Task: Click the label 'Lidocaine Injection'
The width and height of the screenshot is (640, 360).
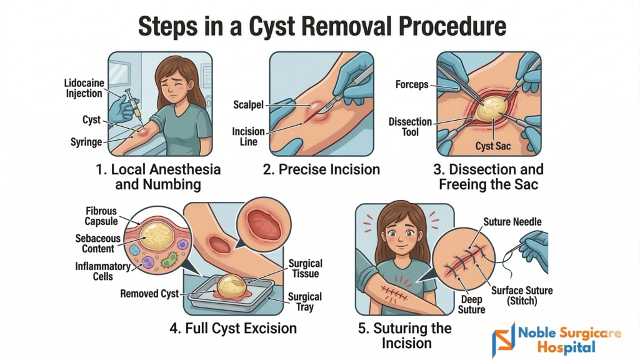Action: point(84,88)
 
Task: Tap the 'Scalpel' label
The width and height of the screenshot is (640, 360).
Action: point(248,105)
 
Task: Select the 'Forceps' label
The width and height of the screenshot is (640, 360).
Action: point(412,84)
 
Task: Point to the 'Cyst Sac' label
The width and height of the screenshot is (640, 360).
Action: point(493,146)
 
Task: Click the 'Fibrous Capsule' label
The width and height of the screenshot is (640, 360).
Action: point(101,216)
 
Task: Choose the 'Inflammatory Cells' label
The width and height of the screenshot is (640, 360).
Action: point(102,271)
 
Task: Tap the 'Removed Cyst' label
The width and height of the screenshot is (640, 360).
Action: point(149,294)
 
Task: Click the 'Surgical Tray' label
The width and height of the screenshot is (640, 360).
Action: point(305,302)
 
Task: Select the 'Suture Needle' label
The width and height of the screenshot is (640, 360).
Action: point(512,222)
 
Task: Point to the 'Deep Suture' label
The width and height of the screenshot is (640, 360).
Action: point(471,305)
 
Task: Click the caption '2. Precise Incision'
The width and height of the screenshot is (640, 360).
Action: point(321,169)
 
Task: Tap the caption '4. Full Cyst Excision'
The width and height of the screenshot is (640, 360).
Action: point(233,328)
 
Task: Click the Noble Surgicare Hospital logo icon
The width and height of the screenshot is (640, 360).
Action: point(503,340)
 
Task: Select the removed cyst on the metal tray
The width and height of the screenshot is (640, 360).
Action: point(231,286)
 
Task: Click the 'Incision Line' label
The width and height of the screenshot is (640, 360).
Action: point(248,137)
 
